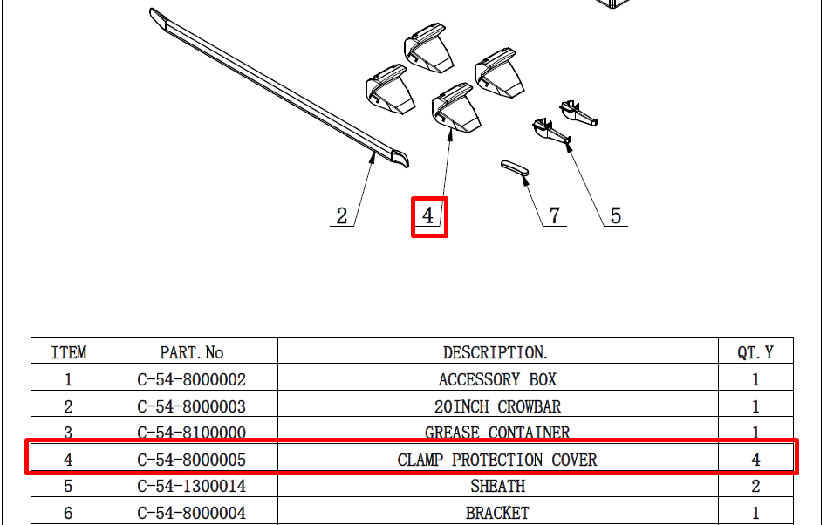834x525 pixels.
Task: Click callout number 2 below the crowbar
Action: tap(341, 216)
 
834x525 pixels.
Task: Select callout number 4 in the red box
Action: tap(428, 215)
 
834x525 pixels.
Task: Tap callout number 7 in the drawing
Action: tap(555, 215)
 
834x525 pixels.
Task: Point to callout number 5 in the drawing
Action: tap(616, 215)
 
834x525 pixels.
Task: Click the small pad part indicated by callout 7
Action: tap(515, 170)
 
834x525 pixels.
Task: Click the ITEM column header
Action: tap(69, 352)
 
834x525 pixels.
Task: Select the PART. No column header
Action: tap(191, 352)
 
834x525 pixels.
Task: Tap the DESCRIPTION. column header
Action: tap(496, 352)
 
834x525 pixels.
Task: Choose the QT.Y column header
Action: tap(755, 352)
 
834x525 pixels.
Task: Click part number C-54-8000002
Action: tap(191, 379)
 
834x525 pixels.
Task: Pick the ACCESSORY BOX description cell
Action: tap(497, 379)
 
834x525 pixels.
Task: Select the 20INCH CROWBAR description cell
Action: tap(497, 407)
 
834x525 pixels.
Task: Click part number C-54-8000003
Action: tap(191, 407)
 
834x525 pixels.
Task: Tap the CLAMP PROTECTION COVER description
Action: tap(497, 460)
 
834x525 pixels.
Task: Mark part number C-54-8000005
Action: tap(191, 460)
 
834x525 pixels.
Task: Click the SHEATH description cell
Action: tap(497, 486)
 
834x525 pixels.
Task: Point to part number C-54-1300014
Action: tap(191, 486)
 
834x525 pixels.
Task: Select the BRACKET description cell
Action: tap(497, 514)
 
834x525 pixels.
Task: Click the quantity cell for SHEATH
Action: tap(755, 486)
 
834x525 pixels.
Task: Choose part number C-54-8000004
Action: tap(191, 514)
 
